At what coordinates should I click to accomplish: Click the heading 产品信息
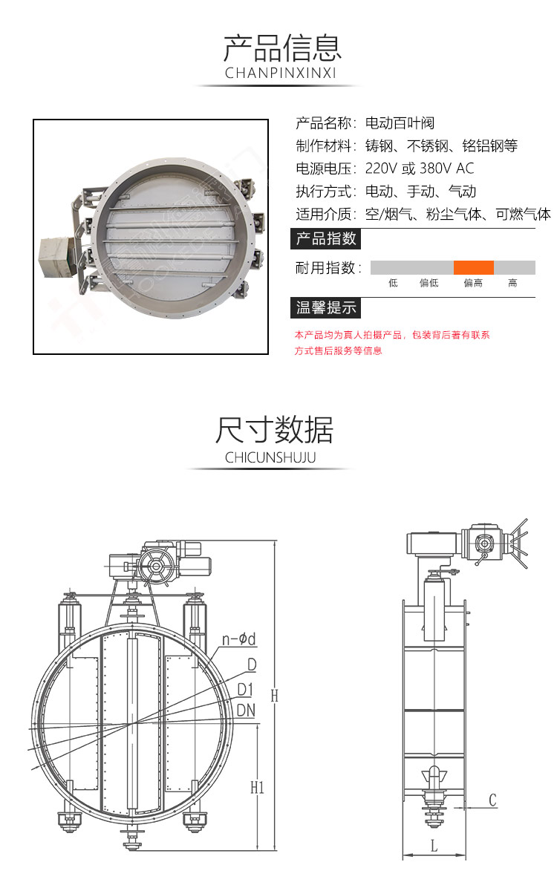[281, 47]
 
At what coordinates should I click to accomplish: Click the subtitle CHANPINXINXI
[280, 73]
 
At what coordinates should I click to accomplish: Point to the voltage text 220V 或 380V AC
[420, 169]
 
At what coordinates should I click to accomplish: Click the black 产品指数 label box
[326, 239]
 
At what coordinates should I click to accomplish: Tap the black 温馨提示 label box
[326, 307]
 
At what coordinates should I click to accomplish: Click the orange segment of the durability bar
[474, 267]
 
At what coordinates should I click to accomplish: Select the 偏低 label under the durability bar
[429, 283]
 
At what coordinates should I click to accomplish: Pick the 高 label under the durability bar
[512, 283]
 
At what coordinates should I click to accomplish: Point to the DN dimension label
[246, 710]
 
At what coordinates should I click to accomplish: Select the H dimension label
[274, 696]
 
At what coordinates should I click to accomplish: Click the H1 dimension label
[257, 787]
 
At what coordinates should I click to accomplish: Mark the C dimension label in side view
[492, 800]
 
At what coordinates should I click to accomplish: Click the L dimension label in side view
[434, 844]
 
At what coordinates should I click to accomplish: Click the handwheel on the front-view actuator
[156, 566]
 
